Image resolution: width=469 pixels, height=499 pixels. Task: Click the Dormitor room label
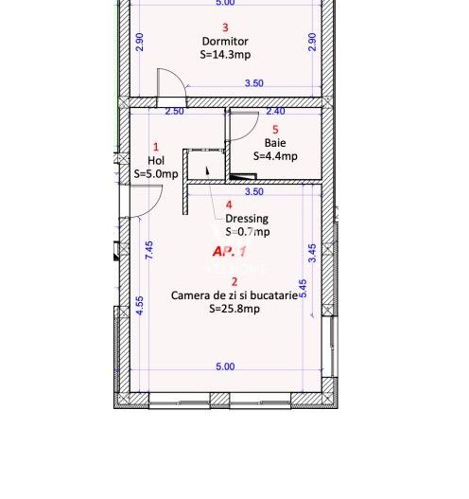(x=225, y=42)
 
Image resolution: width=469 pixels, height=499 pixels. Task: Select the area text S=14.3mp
(x=225, y=55)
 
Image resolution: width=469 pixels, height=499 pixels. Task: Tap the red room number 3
(x=225, y=28)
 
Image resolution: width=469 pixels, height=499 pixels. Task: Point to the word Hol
(x=156, y=161)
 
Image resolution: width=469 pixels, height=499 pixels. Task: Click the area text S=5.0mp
(x=156, y=174)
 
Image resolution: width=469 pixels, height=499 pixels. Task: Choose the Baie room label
(x=275, y=143)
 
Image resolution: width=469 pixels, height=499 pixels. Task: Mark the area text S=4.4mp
(x=275, y=156)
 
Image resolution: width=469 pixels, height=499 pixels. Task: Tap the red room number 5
(x=275, y=130)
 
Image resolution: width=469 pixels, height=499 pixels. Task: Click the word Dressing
(x=246, y=219)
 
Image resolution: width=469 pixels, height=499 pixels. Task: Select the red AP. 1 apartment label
(x=230, y=252)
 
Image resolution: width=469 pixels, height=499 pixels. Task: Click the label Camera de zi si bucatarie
(x=234, y=295)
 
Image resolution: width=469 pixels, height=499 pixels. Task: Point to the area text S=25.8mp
(x=234, y=309)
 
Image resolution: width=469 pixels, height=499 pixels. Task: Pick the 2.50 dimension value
(x=175, y=112)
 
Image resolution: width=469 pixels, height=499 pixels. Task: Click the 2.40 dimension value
(x=275, y=112)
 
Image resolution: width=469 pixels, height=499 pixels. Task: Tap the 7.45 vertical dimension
(x=149, y=251)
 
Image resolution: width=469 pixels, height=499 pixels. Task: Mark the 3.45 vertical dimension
(x=312, y=253)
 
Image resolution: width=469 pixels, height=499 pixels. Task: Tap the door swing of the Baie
(x=243, y=124)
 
